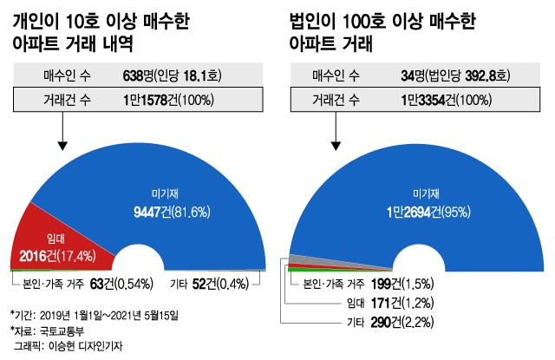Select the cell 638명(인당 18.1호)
(x=173, y=76)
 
